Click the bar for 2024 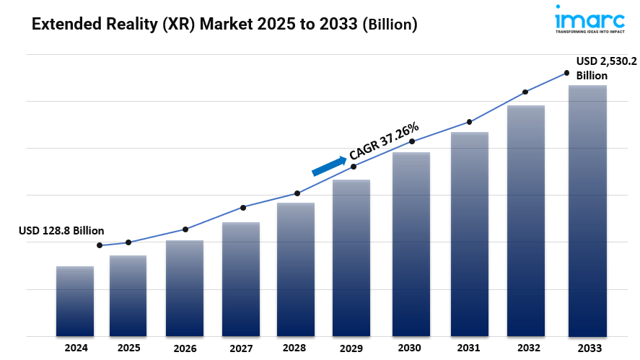tap(75, 301)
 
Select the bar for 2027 tap(241, 279)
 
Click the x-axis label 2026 tap(185, 348)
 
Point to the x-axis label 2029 tap(351, 348)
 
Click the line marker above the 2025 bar tap(128, 242)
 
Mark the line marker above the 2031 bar tap(470, 122)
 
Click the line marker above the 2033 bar tap(566, 74)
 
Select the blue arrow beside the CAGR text tap(328, 166)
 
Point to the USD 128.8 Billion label tap(61, 231)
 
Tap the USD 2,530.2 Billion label tap(600, 69)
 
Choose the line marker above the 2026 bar tap(185, 229)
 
